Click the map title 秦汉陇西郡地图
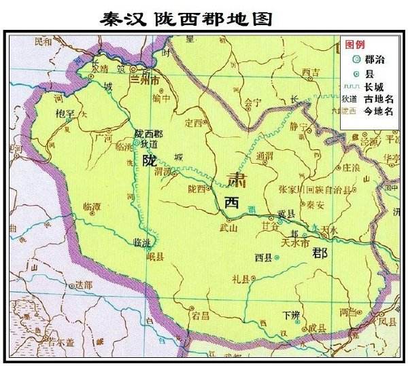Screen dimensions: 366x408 tap(186, 18)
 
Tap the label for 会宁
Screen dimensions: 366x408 tap(253, 103)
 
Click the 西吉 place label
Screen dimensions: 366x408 tap(311, 72)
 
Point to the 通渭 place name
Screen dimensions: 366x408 tap(265, 155)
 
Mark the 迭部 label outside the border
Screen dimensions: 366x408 tap(84, 286)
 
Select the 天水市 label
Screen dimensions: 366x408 tap(296, 242)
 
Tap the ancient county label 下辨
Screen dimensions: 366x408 tap(290, 314)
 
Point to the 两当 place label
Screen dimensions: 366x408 tap(347, 312)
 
